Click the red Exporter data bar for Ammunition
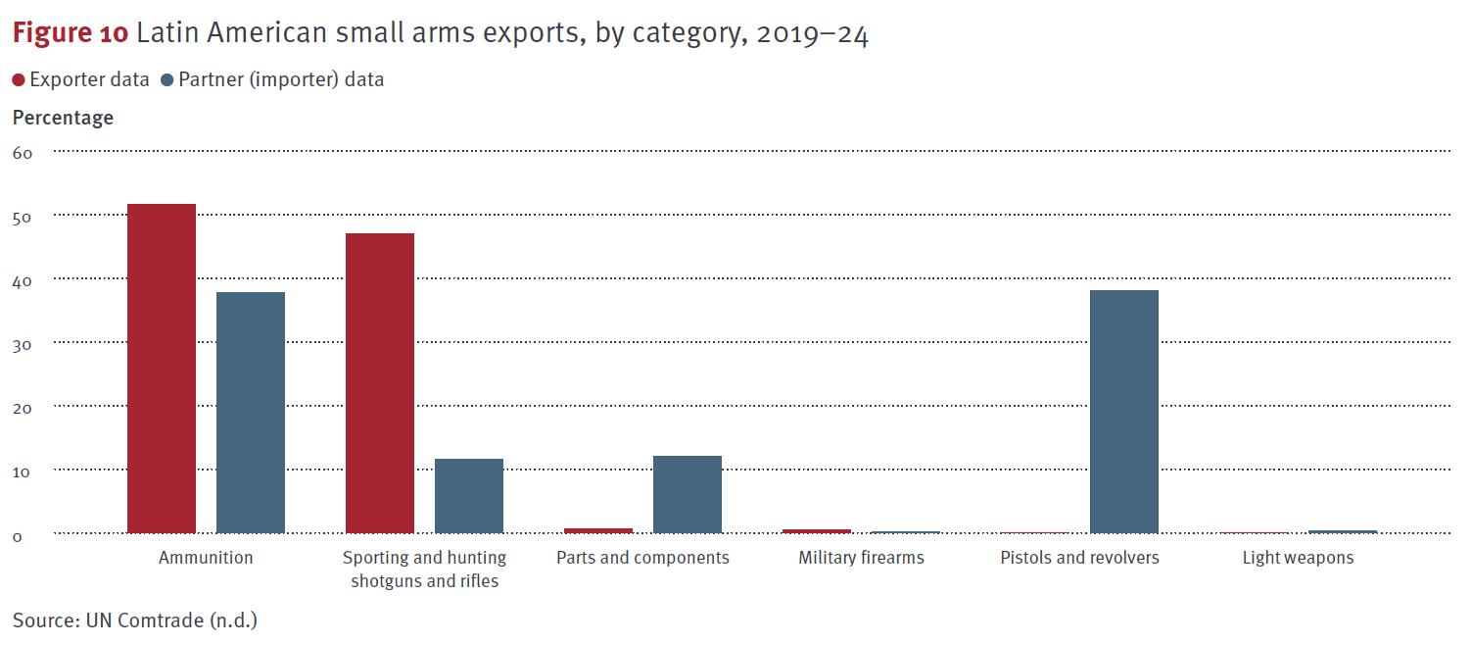pos(162,369)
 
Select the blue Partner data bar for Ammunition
pos(251,413)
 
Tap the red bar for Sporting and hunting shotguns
pos(380,383)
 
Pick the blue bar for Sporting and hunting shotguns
pos(469,496)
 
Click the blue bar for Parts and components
pos(688,494)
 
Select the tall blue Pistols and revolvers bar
pos(1124,412)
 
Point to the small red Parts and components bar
pos(598,530)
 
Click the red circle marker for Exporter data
pos(19,80)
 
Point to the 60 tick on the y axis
pos(23,153)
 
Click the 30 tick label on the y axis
pos(23,344)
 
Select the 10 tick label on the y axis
pos(23,471)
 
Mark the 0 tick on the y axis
pos(18,535)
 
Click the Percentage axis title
pos(63,118)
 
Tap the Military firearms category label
pos(861,558)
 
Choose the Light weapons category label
pos(1298,558)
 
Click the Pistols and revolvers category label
pos(1079,558)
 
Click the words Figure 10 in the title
pos(70,33)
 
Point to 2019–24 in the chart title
pos(812,34)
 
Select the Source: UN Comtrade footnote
pos(135,620)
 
